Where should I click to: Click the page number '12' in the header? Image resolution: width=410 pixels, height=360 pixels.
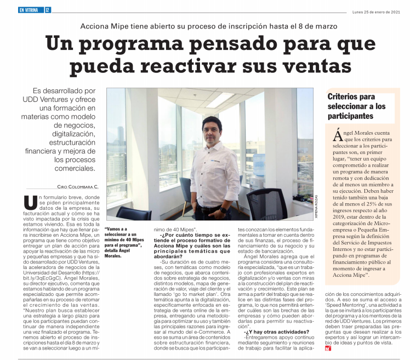point(48,9)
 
